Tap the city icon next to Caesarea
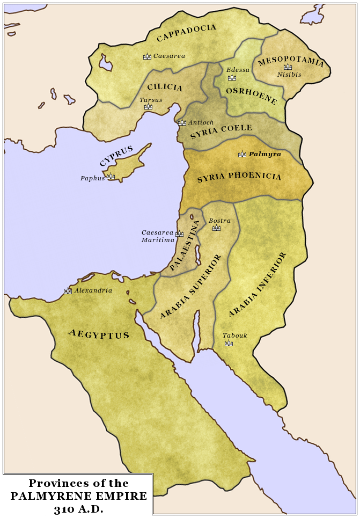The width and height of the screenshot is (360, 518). coord(147,56)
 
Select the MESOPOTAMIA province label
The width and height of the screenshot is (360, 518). coord(291,61)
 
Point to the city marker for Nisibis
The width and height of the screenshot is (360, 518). coord(288,67)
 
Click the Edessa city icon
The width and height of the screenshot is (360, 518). coord(232,77)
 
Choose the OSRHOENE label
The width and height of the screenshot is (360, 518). coord(251,95)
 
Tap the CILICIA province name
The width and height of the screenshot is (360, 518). coord(165,87)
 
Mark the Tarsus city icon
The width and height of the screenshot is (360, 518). coord(148,107)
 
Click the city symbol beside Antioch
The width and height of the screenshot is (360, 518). coord(182,122)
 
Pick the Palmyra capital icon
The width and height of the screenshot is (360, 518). coord(242,154)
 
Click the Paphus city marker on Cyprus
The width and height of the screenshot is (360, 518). coord(111,176)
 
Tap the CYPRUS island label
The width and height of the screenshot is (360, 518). coord(116,156)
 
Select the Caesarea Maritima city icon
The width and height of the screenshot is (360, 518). coord(179,234)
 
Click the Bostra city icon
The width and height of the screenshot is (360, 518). coord(216,228)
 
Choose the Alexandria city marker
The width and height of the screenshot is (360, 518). coord(68,291)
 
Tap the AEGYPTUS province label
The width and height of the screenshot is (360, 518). coord(99,334)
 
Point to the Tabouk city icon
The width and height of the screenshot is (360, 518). coord(229,343)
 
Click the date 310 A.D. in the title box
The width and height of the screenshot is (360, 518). coord(78,508)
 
